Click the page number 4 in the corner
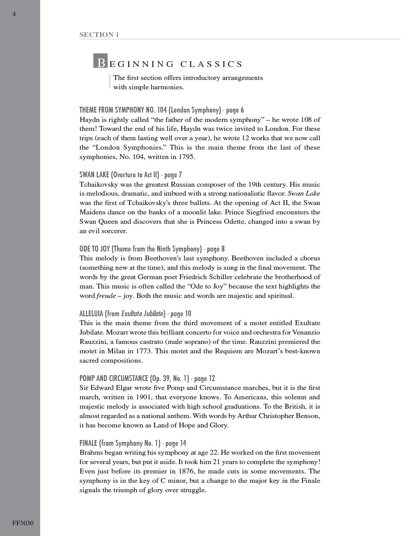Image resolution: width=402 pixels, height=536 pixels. coord(14,14)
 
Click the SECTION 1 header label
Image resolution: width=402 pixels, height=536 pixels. coord(99,34)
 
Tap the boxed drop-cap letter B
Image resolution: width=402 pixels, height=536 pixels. coord(100,61)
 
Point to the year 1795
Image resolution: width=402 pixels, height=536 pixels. coord(186,157)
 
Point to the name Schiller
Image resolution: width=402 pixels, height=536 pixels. coord(236,277)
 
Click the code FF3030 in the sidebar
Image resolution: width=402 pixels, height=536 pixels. coord(23,523)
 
